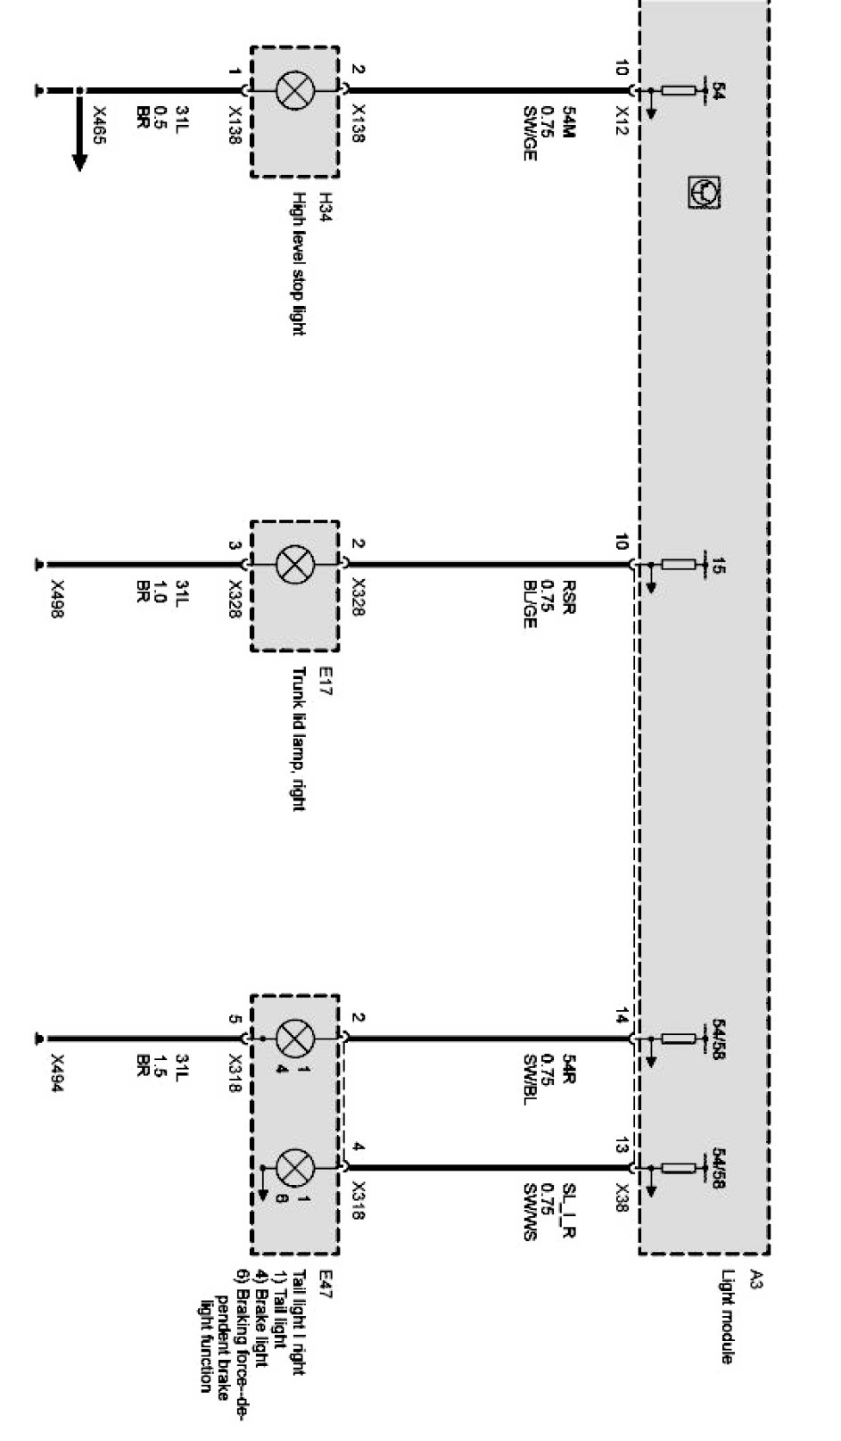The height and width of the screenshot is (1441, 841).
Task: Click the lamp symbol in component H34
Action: pos(293,90)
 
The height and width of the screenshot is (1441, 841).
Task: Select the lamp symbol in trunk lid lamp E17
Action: pos(293,564)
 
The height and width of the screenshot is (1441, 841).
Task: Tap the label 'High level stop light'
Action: pos(299,264)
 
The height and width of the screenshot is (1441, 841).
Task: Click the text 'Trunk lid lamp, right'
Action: pos(299,740)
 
